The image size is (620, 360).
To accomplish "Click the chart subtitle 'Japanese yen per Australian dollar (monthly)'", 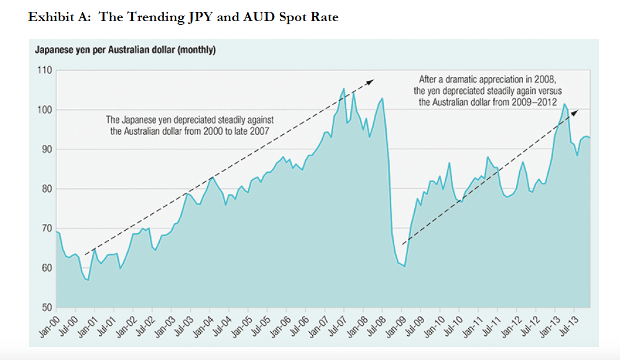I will click(x=125, y=50).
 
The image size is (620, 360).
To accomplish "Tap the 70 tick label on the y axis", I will click(x=45, y=229).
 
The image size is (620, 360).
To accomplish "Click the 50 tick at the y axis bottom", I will click(x=45, y=308).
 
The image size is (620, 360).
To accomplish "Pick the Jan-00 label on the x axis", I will click(x=47, y=326).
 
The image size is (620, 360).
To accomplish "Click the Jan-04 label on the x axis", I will click(x=200, y=326).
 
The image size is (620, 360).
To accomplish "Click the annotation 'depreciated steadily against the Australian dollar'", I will click(x=190, y=125).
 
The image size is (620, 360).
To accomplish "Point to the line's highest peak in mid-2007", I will click(x=345, y=88).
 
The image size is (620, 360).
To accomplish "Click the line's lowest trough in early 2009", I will click(x=404, y=266).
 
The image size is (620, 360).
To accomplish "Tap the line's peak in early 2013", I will click(x=563, y=104).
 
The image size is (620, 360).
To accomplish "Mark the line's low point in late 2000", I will click(x=88, y=280).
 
